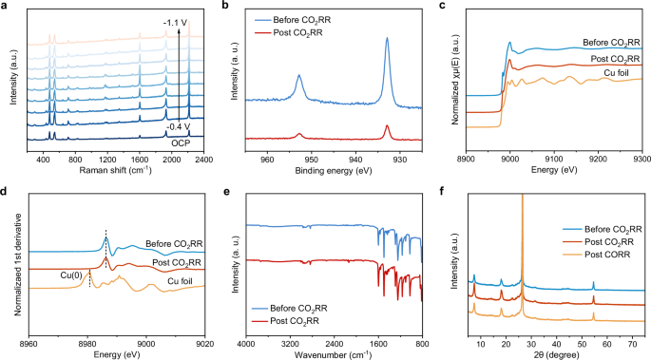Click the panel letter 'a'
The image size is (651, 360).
pyautogui.click(x=7, y=7)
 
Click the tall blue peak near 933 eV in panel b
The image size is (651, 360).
pyautogui.click(x=387, y=40)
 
